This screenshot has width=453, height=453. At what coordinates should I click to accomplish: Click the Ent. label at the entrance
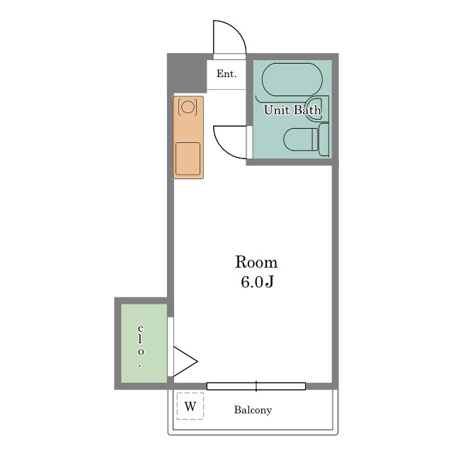pos(226,74)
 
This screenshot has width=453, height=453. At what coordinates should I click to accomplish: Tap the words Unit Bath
pos(292,110)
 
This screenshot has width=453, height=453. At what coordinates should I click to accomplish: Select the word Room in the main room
pos(256,262)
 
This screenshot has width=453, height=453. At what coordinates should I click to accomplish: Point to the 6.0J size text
pos(257,282)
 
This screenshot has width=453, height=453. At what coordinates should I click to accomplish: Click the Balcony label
pos(253,410)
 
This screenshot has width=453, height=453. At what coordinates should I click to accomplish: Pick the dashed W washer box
pos(190,406)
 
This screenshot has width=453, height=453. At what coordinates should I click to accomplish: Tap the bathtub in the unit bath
pos(292,79)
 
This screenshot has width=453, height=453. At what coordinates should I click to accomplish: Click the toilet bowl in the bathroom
pos(300,139)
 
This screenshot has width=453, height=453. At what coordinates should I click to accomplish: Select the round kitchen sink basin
pos(188,107)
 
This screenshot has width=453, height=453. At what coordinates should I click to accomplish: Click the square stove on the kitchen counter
pos(188,159)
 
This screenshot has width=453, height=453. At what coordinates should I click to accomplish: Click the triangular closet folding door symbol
pos(185,362)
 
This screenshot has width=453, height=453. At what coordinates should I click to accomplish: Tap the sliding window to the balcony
pos(256,386)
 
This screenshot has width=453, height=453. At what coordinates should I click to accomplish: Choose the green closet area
pos(144,343)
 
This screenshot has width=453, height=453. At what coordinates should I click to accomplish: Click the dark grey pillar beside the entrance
pos(188,73)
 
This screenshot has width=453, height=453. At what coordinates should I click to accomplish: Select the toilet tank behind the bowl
pos(323,139)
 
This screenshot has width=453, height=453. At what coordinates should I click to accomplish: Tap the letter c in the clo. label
pos(140,328)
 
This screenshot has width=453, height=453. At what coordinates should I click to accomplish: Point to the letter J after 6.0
pos(269,282)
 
